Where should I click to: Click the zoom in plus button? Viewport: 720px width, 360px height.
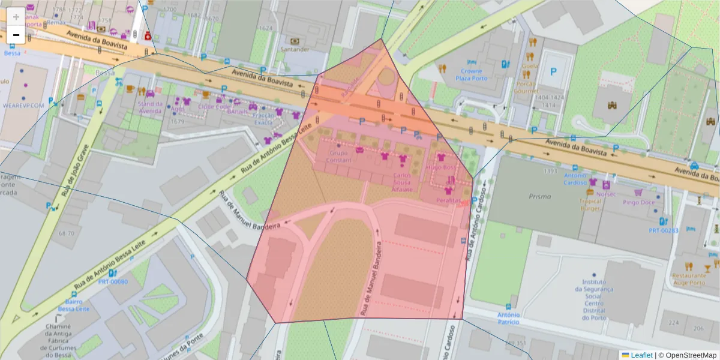point(16,17)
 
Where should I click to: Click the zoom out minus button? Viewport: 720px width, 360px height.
point(16,35)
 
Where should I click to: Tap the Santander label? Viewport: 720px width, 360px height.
point(298,49)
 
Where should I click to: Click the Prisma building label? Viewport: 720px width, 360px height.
point(523,196)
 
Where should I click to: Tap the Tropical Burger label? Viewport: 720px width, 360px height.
point(590,205)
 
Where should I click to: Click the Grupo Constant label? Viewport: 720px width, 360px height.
point(339,157)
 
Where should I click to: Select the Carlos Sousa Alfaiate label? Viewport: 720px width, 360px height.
point(402,182)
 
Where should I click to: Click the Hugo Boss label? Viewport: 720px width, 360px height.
point(440,167)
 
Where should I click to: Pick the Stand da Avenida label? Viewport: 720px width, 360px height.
point(150,107)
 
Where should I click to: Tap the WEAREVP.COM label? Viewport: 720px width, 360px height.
point(24,105)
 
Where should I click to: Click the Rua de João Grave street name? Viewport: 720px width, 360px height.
point(75,171)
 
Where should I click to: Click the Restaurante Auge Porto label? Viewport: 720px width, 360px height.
point(688,279)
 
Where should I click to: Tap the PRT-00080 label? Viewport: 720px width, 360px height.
point(113,281)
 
